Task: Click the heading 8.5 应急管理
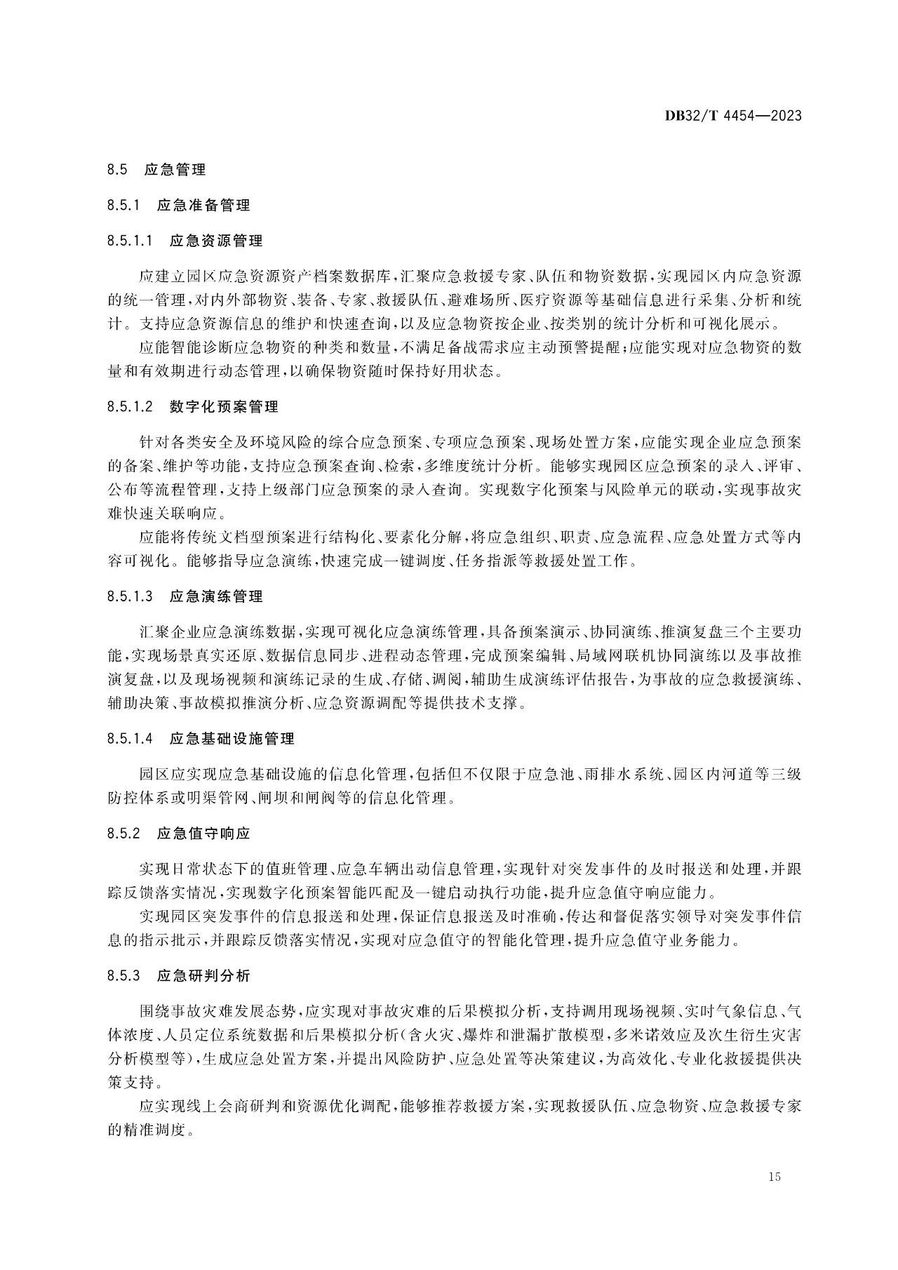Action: pyautogui.click(x=156, y=170)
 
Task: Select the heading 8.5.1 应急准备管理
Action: pyautogui.click(x=179, y=206)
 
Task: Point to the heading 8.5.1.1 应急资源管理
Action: pyautogui.click(x=185, y=241)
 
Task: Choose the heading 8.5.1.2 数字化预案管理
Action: pyautogui.click(x=193, y=407)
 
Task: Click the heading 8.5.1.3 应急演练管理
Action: pyautogui.click(x=185, y=596)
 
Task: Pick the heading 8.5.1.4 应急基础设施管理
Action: pyautogui.click(x=201, y=739)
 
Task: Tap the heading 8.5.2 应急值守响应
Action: pyautogui.click(x=179, y=834)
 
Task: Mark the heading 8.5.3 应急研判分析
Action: pyautogui.click(x=179, y=975)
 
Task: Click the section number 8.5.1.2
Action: pyautogui.click(x=130, y=407)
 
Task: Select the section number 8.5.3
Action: pyautogui.click(x=124, y=975)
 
